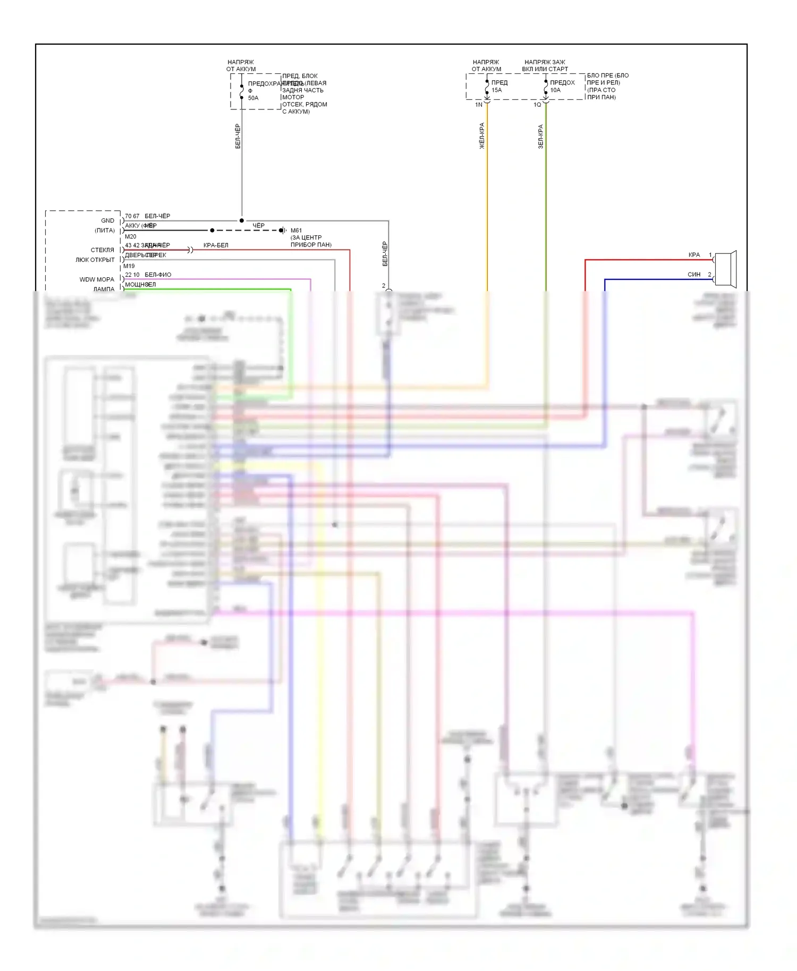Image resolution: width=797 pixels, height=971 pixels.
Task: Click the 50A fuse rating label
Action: pyautogui.click(x=253, y=98)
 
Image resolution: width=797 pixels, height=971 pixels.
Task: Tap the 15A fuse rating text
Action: pyautogui.click(x=497, y=90)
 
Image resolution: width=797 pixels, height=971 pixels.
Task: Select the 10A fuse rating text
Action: pyautogui.click(x=555, y=90)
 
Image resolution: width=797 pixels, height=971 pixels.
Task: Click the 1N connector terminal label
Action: pyautogui.click(x=479, y=105)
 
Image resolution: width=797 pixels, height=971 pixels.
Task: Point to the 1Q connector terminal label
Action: pyautogui.click(x=537, y=105)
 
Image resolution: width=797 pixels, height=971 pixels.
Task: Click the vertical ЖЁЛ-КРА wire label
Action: pyautogui.click(x=482, y=136)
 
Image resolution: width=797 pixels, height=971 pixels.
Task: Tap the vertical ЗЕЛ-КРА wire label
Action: pyautogui.click(x=540, y=137)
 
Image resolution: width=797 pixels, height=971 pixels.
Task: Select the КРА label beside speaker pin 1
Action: pyautogui.click(x=694, y=255)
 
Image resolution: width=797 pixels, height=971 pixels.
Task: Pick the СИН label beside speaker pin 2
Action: pyautogui.click(x=694, y=275)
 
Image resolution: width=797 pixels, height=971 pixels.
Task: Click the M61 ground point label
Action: pyautogui.click(x=296, y=231)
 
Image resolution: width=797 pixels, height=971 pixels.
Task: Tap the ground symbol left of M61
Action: pyautogui.click(x=283, y=231)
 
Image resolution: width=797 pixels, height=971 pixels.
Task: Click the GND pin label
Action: pyautogui.click(x=107, y=220)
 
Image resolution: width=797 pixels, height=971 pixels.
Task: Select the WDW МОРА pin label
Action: pyautogui.click(x=97, y=279)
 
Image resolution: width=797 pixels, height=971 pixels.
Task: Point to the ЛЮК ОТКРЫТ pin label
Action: pyautogui.click(x=95, y=260)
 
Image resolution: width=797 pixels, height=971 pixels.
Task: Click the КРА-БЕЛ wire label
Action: pyautogui.click(x=216, y=245)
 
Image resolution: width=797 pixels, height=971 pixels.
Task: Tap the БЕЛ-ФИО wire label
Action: pyautogui.click(x=158, y=275)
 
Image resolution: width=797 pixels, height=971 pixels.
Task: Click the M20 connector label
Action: pyautogui.click(x=130, y=237)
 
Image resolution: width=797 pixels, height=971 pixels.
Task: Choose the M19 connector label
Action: pyautogui.click(x=129, y=266)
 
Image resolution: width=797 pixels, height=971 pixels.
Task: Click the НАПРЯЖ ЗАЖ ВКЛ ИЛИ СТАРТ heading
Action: pyautogui.click(x=545, y=65)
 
